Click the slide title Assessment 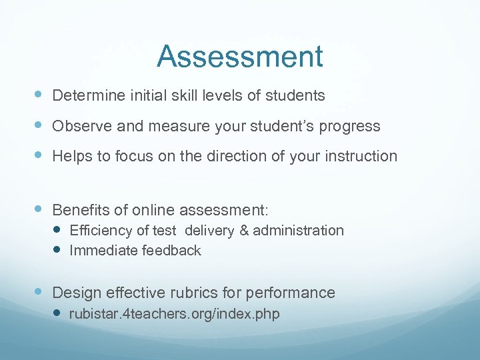tap(240, 57)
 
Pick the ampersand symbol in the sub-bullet tap(243, 231)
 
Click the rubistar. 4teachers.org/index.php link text tap(174, 313)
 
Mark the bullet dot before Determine tap(39, 95)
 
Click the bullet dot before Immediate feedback tap(57, 250)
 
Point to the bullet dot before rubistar tap(57, 313)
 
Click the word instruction tap(363, 156)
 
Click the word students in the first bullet tap(295, 96)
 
